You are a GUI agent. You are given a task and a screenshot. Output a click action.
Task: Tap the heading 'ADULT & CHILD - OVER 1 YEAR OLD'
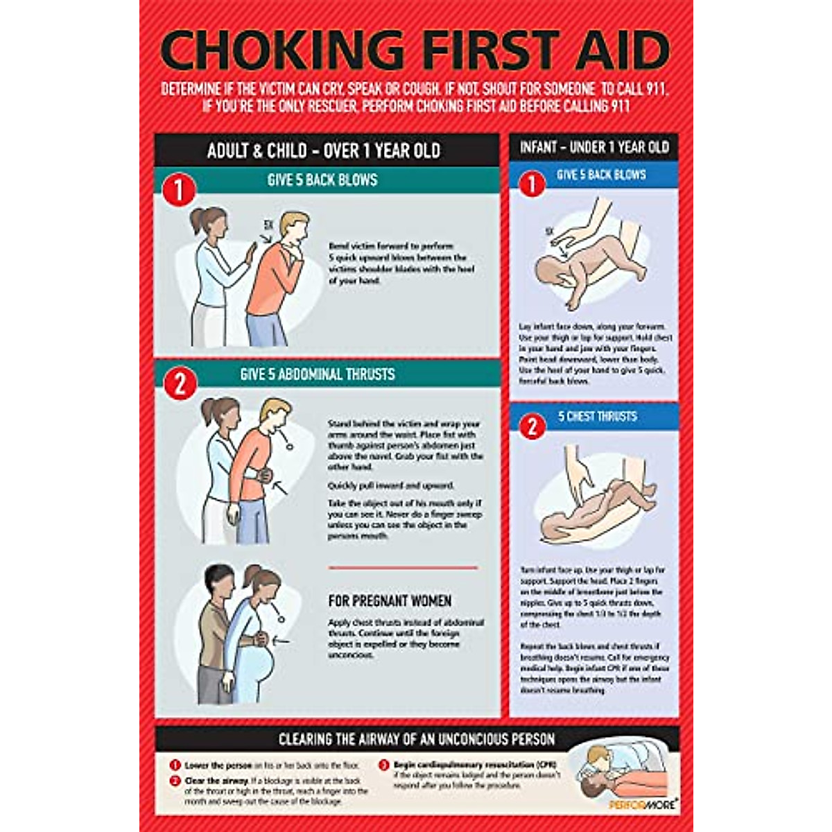coord(324,150)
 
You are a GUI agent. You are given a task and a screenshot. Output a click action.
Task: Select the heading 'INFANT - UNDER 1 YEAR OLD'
coord(594,147)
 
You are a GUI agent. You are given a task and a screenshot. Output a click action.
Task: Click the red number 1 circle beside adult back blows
coord(179,190)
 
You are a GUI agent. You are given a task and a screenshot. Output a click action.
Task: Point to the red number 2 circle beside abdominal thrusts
coord(180,383)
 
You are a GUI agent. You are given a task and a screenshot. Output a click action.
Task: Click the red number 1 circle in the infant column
coord(532,184)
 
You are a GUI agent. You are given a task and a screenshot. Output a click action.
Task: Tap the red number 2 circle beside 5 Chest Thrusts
coord(532,426)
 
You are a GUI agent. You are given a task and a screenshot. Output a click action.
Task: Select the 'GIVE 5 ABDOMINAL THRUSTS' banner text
coord(318,374)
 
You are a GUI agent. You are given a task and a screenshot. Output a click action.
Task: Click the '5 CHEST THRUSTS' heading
coord(597,417)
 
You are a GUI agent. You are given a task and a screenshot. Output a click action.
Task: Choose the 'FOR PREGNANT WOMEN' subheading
coord(390,601)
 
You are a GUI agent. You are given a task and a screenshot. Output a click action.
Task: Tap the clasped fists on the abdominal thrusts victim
coord(263,477)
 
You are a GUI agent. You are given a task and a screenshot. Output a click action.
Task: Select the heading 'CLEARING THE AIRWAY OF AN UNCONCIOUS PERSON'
coord(417,740)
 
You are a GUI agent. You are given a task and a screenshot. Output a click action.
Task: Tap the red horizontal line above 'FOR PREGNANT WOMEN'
coord(403,568)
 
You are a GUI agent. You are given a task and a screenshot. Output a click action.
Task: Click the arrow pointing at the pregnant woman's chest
coord(283,641)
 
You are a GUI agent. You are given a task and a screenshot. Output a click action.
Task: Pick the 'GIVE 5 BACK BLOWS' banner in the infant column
coord(601,175)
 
